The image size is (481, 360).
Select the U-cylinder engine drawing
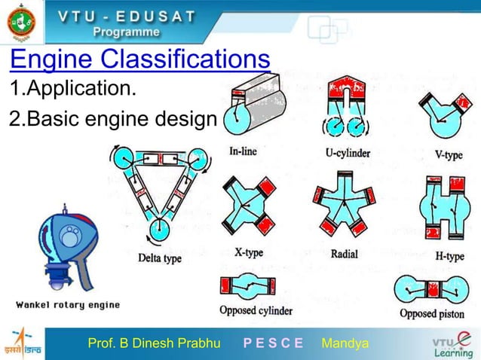346,109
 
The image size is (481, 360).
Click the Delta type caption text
160,258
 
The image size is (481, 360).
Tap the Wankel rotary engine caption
69,304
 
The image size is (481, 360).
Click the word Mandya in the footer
345,344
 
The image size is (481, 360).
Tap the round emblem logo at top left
22,23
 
